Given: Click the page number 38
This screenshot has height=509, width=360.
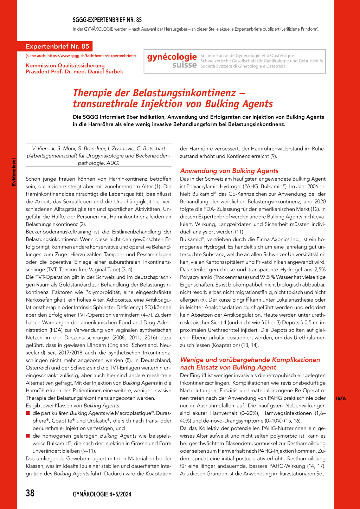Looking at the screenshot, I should pos(30,493).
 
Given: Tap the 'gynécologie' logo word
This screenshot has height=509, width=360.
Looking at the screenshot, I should pos(172,57).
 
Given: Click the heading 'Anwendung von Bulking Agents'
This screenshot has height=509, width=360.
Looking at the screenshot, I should pos(229,171).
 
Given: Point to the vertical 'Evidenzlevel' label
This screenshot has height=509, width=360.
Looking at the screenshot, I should pos(14,172).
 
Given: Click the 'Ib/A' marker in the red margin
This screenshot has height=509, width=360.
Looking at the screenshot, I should pos(341,398).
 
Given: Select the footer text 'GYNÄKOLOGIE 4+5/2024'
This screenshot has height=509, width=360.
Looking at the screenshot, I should pos(102,494).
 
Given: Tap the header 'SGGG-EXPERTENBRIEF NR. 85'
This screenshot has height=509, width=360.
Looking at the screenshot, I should pos(107,20).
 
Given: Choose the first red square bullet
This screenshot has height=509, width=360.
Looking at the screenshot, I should pos(28,413).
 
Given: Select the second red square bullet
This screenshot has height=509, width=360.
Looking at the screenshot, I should pos(28,436).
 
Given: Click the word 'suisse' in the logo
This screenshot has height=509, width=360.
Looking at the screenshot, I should pos(185,65).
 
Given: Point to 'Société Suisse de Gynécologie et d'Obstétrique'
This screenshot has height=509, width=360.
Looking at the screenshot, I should pos(247,56).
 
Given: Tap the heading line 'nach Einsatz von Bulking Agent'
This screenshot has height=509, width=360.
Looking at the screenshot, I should pos(228,367).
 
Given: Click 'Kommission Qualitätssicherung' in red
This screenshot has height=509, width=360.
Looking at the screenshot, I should pos(65,66).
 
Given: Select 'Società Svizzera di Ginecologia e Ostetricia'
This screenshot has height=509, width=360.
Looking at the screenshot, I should pos(243,66).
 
